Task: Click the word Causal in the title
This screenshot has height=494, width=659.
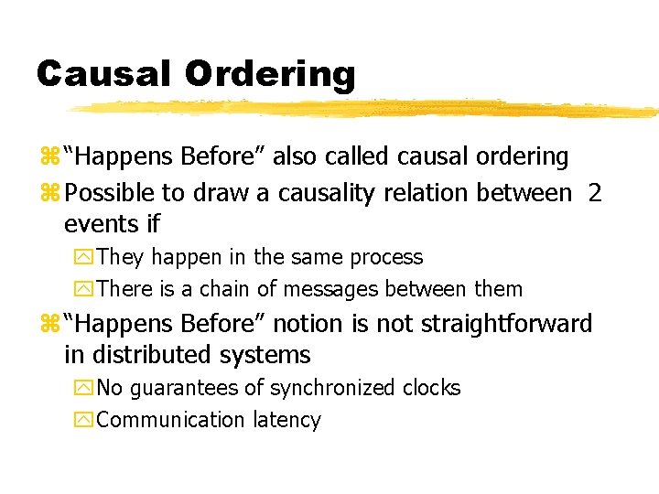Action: coord(103,73)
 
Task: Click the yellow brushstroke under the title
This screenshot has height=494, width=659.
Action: coord(366,109)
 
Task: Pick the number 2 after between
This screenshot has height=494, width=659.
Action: coord(594,193)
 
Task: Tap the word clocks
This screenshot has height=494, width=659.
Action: coord(432,388)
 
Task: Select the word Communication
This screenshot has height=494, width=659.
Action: coord(170,420)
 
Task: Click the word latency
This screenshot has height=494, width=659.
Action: coord(286,421)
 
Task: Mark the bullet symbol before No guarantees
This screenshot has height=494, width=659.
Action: coord(86,389)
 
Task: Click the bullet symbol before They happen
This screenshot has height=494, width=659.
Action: coord(86,258)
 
